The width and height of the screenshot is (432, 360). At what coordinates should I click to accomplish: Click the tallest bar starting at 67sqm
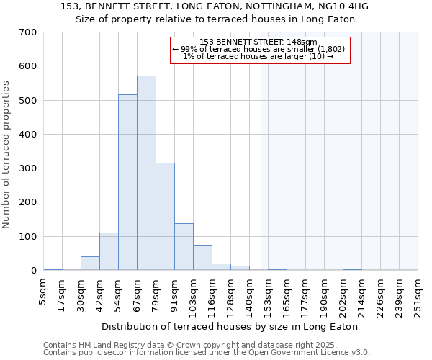pos(146,173)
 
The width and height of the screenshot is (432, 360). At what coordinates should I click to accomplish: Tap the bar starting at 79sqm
pos(165,216)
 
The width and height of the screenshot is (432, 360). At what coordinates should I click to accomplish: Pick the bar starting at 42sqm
pos(109,251)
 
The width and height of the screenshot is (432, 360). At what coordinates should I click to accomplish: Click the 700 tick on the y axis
pos(29,32)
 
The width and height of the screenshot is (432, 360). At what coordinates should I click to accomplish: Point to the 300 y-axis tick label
pos(29,168)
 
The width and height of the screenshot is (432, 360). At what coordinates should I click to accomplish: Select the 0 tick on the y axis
pos(34,271)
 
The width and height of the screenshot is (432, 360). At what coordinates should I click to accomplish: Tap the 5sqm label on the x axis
pos(44,291)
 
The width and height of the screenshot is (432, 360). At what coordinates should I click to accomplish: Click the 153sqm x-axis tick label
pos(269,295)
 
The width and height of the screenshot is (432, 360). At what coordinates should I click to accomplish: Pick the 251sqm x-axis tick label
pos(418,295)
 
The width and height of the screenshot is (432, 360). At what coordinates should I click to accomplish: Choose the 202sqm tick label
pos(343,295)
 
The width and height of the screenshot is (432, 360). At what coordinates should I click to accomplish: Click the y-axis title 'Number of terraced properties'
pos(6,155)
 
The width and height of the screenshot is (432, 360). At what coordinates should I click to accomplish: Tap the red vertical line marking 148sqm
pos(261,166)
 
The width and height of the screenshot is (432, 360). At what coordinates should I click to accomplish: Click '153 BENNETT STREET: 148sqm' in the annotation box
pos(259,42)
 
